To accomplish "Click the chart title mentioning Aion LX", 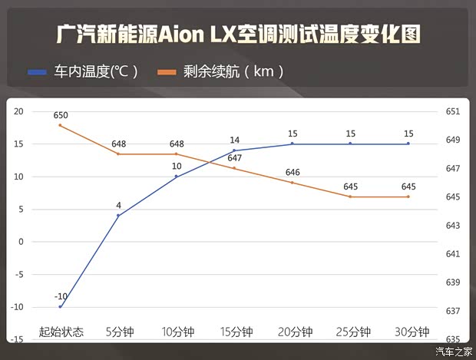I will click(x=238, y=35).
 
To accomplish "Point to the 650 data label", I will click(x=61, y=115).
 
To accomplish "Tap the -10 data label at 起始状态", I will click(x=61, y=296).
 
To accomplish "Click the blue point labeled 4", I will click(x=118, y=216).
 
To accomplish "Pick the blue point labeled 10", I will click(x=177, y=177).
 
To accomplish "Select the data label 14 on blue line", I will click(x=234, y=140).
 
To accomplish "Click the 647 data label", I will click(x=234, y=158).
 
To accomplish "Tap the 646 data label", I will click(x=293, y=172).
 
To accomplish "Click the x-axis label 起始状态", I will click(x=61, y=332).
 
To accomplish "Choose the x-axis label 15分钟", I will click(x=235, y=332).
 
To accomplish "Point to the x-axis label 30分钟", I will click(x=409, y=332).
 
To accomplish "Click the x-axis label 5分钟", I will click(x=119, y=332).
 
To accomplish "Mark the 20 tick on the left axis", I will click(x=18, y=112).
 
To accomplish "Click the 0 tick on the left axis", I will click(x=21, y=242).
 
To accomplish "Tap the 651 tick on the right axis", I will click(x=452, y=112).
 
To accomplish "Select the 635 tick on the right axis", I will click(x=452, y=339).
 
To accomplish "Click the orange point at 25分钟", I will click(x=351, y=197).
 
